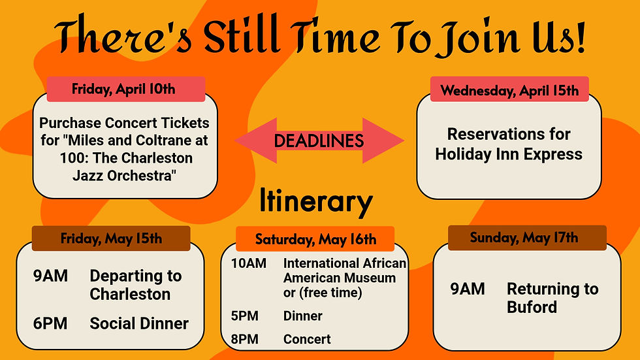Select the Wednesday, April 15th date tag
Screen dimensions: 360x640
click(x=509, y=90)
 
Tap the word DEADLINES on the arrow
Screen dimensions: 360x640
click(x=319, y=140)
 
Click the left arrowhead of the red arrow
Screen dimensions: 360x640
click(x=251, y=140)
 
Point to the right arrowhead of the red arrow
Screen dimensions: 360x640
click(x=389, y=140)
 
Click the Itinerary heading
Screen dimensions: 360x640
click(x=316, y=202)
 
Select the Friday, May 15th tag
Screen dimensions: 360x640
click(x=111, y=238)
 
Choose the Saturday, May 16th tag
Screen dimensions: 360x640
click(x=315, y=239)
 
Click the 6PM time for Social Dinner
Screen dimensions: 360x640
click(x=50, y=323)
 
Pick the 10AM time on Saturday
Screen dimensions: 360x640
click(x=248, y=263)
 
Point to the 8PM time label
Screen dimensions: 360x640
click(x=244, y=339)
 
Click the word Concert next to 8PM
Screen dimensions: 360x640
click(x=307, y=339)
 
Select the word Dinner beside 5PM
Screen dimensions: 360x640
click(x=302, y=316)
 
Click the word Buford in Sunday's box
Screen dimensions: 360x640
click(x=532, y=306)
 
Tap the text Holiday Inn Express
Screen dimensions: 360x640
click(x=509, y=154)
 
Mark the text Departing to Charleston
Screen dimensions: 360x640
click(x=135, y=285)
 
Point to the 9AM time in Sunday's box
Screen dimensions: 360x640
click(x=468, y=289)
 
